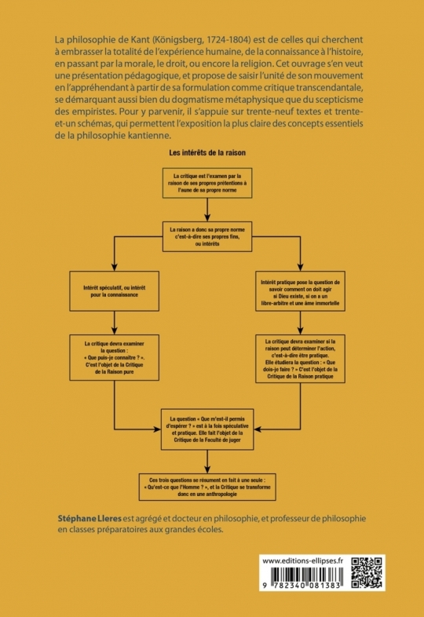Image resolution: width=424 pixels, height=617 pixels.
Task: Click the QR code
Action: (x=367, y=572)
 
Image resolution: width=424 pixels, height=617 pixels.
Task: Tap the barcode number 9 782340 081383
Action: (x=302, y=586)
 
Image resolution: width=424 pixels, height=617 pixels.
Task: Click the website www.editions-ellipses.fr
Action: (x=303, y=561)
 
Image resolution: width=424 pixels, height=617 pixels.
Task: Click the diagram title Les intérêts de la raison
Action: (x=207, y=152)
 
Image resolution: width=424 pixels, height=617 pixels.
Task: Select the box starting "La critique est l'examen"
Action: (x=207, y=183)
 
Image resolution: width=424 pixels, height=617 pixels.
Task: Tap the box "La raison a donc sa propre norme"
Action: (x=207, y=236)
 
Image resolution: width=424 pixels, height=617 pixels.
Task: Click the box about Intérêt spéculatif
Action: (x=114, y=291)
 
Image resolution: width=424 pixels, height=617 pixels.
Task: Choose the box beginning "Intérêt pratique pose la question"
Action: (x=301, y=291)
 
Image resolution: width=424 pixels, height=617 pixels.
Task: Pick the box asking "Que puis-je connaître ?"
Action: (x=114, y=358)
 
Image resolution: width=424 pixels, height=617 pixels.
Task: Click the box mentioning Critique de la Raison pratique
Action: (x=301, y=359)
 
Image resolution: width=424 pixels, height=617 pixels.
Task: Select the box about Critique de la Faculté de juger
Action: (x=207, y=429)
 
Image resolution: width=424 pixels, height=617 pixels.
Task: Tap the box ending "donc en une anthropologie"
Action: (x=207, y=487)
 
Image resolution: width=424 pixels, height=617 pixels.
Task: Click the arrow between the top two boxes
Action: (x=207, y=210)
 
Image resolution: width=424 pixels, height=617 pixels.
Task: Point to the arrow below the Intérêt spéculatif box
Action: (x=114, y=323)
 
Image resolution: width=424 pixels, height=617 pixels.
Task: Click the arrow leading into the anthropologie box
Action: (x=207, y=462)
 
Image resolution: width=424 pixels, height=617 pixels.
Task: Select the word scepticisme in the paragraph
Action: (x=336, y=100)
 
